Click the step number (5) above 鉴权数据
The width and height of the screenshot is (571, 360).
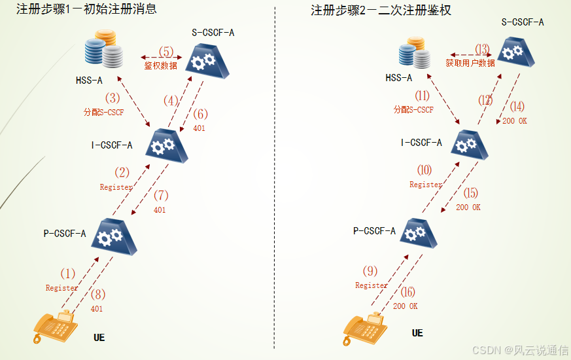click(166, 52)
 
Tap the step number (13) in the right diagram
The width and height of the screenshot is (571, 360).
click(482, 49)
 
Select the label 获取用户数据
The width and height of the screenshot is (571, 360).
click(470, 63)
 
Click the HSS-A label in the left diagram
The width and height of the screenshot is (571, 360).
click(89, 80)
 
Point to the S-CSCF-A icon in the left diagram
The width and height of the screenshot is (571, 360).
click(207, 62)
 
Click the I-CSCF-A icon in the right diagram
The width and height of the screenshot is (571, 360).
click(470, 145)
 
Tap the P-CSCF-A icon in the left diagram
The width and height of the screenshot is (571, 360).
click(114, 237)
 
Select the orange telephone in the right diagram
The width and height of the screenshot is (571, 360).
click(365, 329)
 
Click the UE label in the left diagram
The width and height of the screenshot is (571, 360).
click(99, 337)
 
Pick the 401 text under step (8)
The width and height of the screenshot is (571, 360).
click(97, 309)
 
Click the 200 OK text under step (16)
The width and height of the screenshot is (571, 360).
click(406, 306)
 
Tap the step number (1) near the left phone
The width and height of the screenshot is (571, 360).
click(68, 274)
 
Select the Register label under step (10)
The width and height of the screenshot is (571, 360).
click(426, 185)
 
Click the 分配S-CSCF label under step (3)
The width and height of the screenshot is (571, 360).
click(104, 112)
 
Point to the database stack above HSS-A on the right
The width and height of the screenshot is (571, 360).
click(415, 52)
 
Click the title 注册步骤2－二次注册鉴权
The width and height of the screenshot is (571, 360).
click(381, 10)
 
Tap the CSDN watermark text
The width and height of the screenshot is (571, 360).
click(521, 350)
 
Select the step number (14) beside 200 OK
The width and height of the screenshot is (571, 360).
click(517, 107)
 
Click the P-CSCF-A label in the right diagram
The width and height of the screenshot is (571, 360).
click(374, 231)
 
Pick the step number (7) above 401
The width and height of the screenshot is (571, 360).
click(161, 196)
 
